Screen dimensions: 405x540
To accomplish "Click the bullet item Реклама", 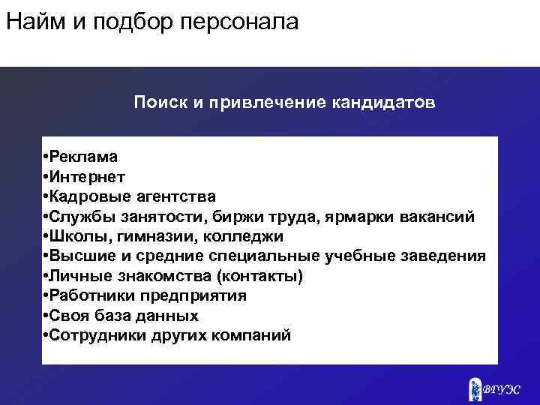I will (x=83, y=157).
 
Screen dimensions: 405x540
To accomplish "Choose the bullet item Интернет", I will (x=88, y=177).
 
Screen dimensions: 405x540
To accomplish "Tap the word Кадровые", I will (x=89, y=197).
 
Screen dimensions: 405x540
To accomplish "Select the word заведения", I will (x=446, y=256).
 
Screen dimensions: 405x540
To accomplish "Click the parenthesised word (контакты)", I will (x=259, y=276).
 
